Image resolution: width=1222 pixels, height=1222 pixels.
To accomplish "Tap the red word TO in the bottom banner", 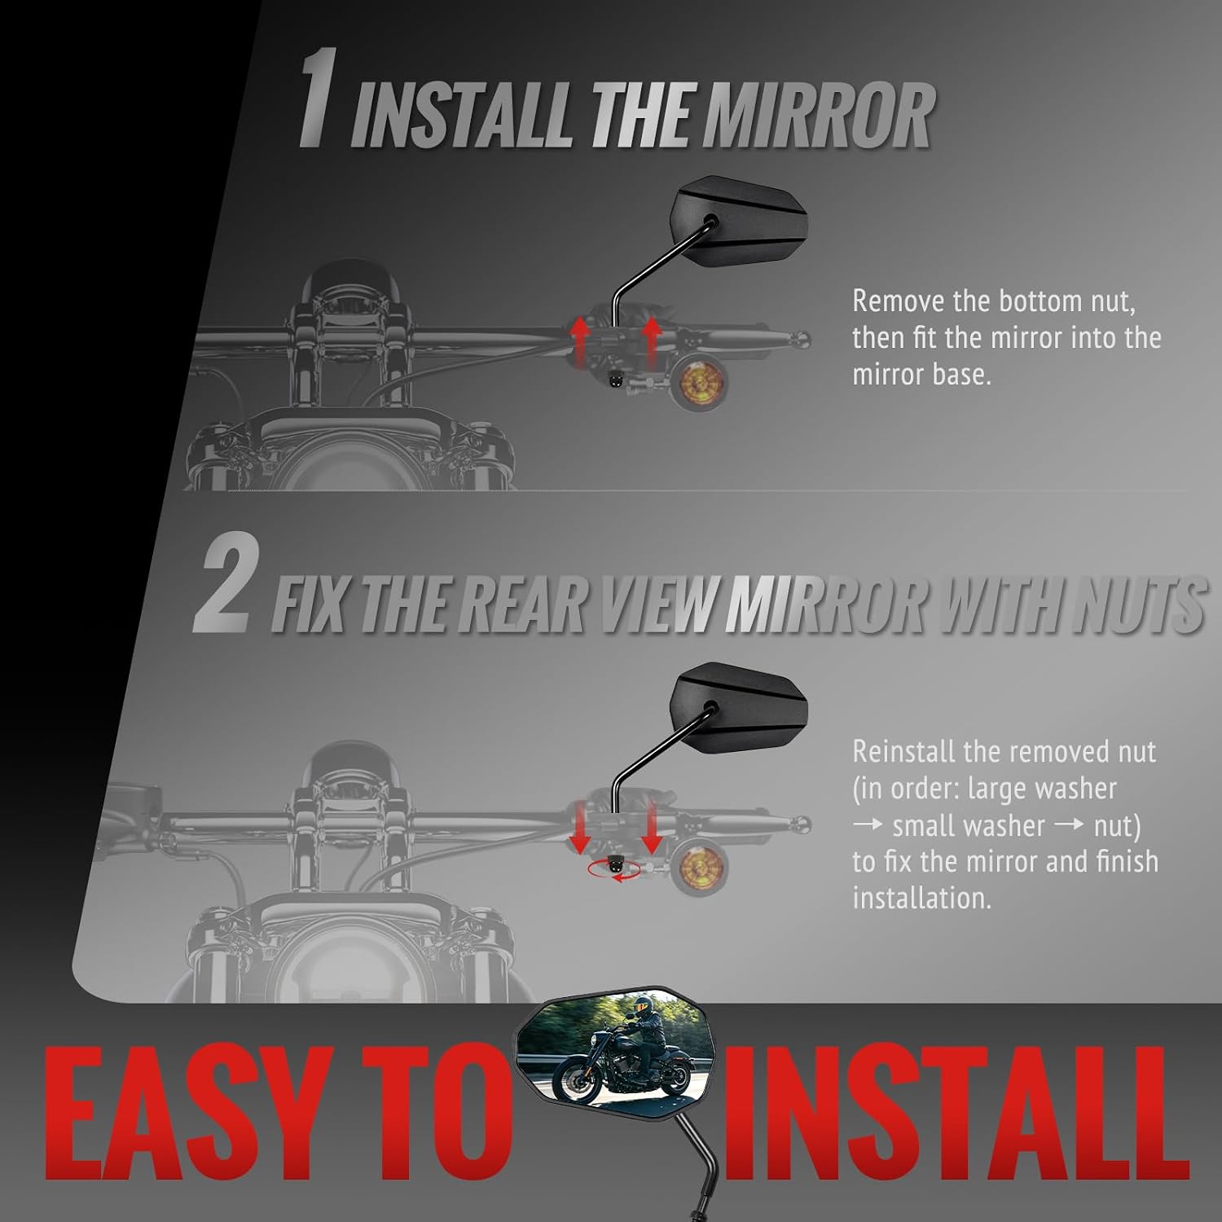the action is (x=432, y=1112).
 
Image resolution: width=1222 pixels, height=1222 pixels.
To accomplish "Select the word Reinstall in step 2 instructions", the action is (x=903, y=751).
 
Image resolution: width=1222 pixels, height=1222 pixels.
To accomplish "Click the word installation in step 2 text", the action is (x=922, y=898).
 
